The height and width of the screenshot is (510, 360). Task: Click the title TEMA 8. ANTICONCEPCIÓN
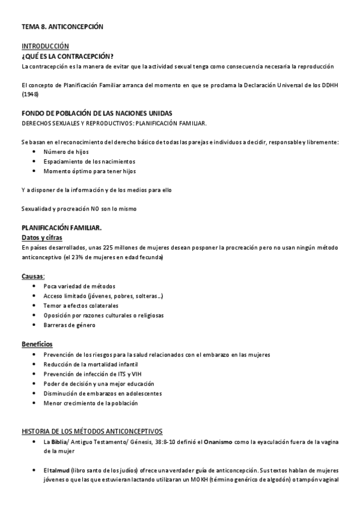pos(63,27)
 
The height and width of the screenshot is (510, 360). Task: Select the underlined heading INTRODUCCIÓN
pos(45,46)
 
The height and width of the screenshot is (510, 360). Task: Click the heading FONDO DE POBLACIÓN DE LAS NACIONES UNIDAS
pos(96,114)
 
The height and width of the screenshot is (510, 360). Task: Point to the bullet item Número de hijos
pos(66,152)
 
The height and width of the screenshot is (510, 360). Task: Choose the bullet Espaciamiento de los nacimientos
pos(89,162)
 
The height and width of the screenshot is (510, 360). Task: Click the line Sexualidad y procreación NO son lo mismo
pos(79,209)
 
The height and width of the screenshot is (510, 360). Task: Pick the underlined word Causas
pos(32,277)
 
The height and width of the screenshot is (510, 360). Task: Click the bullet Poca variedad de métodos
pos(79,286)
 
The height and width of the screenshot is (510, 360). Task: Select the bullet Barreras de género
pos(69,325)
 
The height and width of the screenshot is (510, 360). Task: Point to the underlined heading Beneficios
pos(37,345)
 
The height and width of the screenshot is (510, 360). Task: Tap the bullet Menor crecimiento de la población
pos(91,403)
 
